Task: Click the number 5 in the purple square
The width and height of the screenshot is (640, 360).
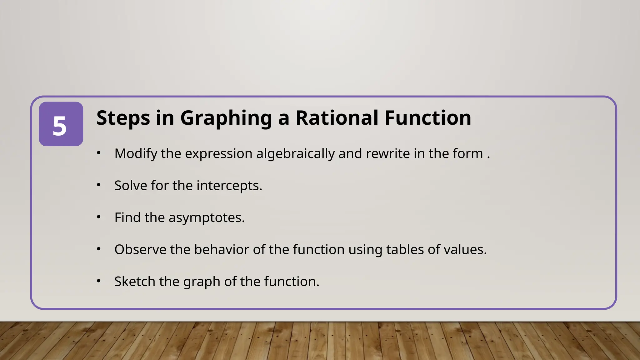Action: [x=60, y=126]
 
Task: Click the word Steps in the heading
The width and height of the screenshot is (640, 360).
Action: [x=123, y=118]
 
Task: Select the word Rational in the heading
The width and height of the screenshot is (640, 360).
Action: [x=337, y=118]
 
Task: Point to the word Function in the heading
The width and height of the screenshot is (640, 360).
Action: [x=428, y=118]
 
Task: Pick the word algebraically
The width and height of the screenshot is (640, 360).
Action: [x=295, y=154]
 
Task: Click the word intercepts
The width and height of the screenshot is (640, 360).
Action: [x=229, y=186]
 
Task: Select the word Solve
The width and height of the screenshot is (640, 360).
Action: [x=131, y=186]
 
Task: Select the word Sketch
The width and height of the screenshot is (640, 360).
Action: [x=135, y=282]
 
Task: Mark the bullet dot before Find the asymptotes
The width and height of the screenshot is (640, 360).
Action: [x=99, y=217]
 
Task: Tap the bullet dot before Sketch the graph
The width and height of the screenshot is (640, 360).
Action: [x=99, y=281]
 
